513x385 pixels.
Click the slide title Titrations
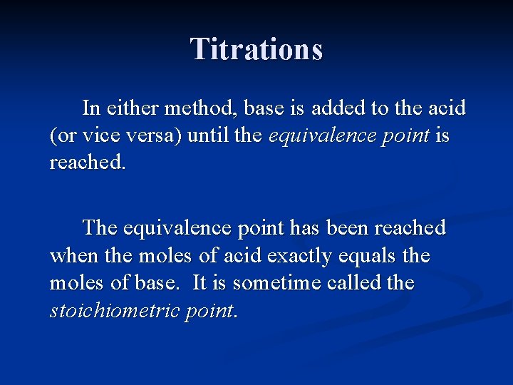pos(256,49)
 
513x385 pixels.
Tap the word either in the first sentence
pos(133,108)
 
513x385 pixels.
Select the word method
pos(202,108)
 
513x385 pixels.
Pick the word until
pos(207,135)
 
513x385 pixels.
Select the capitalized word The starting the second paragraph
pos(100,228)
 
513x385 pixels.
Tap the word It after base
pos(200,282)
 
